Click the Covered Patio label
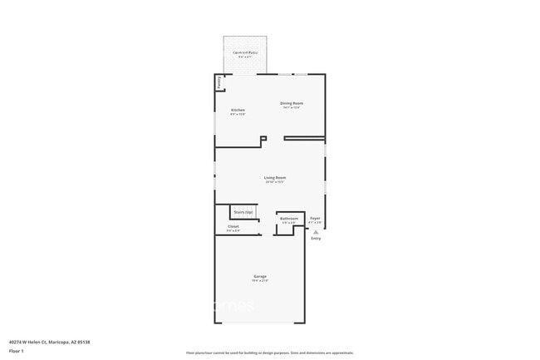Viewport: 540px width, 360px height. (x=245, y=52)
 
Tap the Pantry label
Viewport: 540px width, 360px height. (x=219, y=82)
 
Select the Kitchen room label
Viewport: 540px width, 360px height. (x=238, y=110)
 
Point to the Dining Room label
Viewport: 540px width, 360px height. (x=291, y=103)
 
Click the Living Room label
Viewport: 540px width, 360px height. (x=275, y=177)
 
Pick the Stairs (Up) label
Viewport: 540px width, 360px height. (x=243, y=212)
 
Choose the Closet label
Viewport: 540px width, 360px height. (x=233, y=226)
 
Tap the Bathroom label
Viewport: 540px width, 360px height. (x=288, y=219)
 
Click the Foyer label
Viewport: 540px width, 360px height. (x=315, y=219)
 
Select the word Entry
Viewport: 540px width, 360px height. (x=316, y=239)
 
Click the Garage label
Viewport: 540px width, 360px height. (x=260, y=276)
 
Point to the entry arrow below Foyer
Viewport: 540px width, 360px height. (x=316, y=231)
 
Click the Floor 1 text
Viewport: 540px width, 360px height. (x=17, y=351)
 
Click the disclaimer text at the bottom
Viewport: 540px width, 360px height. (x=270, y=353)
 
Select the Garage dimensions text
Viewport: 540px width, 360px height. (x=260, y=281)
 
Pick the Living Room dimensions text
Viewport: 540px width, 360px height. (x=275, y=182)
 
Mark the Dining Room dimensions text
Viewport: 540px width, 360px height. (x=291, y=108)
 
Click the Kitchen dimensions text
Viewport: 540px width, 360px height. (x=238, y=115)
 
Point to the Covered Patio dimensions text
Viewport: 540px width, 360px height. (x=245, y=57)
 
